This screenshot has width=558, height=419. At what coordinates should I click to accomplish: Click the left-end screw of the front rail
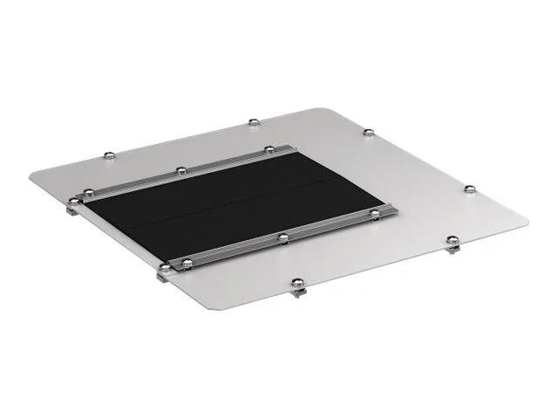click(181, 263)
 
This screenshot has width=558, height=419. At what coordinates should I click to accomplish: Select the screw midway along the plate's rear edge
click(253, 120)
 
